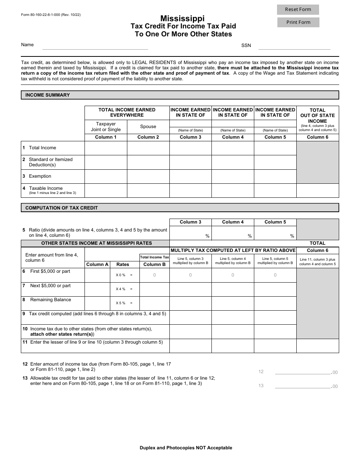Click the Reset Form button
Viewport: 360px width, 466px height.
[x=298, y=9]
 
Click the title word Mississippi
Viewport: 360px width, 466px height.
[x=182, y=18]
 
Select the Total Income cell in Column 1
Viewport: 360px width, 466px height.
[x=106, y=148]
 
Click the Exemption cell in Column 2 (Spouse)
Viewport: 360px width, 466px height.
[x=148, y=176]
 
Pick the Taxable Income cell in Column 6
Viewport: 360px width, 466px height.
[x=318, y=191]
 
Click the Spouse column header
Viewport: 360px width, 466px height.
[x=148, y=127]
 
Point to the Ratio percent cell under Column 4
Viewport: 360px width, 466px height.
[x=233, y=233]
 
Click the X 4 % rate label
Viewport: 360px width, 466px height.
[x=121, y=289]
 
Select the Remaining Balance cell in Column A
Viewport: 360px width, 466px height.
[x=95, y=303]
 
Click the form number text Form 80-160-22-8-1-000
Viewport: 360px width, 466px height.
[x=51, y=15]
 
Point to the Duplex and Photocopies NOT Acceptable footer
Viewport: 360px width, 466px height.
[x=186, y=448]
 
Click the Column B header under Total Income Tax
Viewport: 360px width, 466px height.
[x=155, y=264]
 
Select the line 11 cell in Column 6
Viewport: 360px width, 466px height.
[x=318, y=346]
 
